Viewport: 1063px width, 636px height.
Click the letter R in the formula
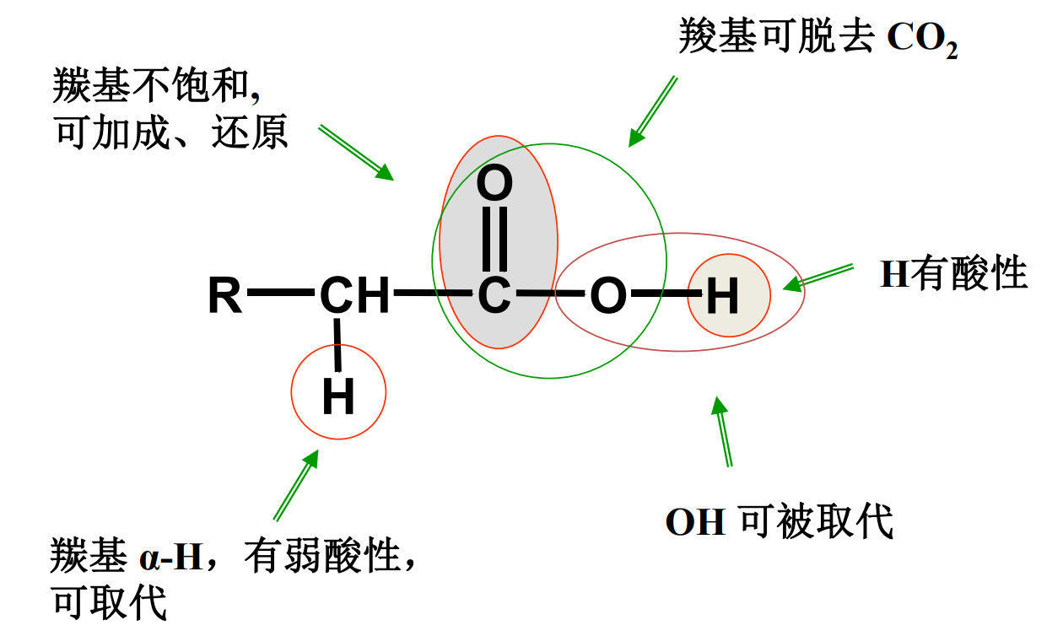226,296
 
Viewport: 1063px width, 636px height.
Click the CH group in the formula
355,296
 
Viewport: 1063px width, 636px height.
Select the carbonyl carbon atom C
494,296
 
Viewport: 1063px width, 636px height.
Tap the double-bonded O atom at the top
495,183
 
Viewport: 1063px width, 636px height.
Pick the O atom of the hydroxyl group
607,296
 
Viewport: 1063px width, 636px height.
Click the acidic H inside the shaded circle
722,296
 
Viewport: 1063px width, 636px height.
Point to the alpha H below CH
338,397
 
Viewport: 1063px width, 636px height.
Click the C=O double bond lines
495,239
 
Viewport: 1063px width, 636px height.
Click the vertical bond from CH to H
338,346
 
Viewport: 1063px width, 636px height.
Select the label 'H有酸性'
953,274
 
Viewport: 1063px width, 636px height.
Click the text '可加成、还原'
171,133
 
